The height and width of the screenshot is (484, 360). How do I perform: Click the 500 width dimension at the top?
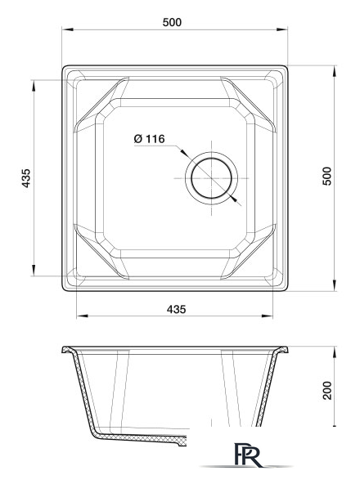coord(172,22)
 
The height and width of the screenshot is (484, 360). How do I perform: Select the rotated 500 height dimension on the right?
coord(326,177)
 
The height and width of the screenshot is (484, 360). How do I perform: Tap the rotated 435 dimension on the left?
coord(25,178)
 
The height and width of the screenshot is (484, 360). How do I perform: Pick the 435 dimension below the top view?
coord(176,309)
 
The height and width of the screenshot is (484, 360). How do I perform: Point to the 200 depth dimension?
coord(326,391)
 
